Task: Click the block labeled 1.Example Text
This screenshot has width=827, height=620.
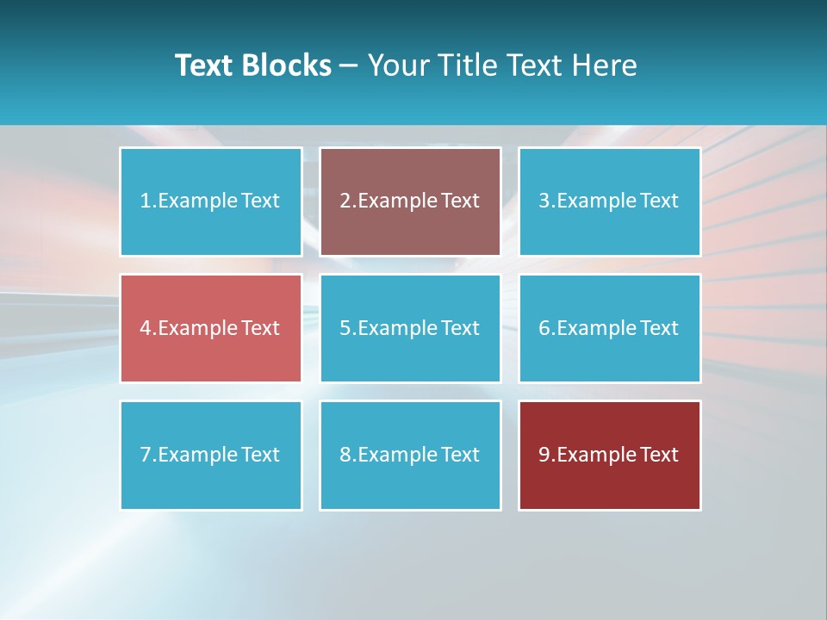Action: click(x=210, y=201)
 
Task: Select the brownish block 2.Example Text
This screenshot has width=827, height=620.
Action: click(x=410, y=201)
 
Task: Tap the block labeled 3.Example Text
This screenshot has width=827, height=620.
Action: click(x=609, y=201)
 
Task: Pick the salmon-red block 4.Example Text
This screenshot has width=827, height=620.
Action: click(x=210, y=328)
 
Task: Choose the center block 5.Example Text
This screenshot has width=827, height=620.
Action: click(x=410, y=328)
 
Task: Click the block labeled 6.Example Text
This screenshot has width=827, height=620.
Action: click(x=609, y=328)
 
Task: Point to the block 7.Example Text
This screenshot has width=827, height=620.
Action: click(x=210, y=455)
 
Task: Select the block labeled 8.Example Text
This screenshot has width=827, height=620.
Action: click(x=410, y=455)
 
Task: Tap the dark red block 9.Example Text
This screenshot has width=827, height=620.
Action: click(x=609, y=455)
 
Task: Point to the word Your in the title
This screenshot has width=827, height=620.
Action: click(x=399, y=65)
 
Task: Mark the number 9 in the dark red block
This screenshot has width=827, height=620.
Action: click(x=544, y=455)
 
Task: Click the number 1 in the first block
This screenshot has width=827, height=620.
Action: click(x=145, y=201)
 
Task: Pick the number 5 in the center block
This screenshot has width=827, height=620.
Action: click(x=345, y=328)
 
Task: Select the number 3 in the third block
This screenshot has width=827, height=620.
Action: click(x=544, y=201)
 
